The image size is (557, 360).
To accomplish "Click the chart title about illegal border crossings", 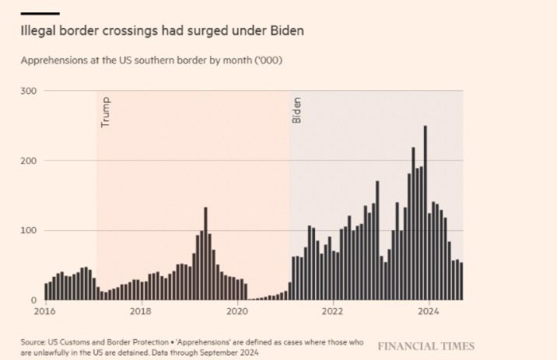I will [162, 32].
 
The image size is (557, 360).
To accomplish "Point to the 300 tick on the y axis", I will [28, 91].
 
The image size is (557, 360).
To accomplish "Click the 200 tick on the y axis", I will [28, 160].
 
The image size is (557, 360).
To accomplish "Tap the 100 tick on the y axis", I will [28, 230].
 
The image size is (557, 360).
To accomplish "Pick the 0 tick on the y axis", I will [33, 299].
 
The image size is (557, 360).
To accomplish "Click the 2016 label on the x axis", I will [45, 312].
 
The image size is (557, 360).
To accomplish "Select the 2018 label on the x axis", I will [141, 312].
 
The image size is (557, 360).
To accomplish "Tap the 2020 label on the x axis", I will [236, 312].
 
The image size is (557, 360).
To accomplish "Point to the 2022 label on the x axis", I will [333, 312].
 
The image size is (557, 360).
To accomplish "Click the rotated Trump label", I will [107, 113].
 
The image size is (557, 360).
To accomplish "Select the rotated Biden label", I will [296, 110].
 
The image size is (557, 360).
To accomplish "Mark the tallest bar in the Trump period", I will [205, 253].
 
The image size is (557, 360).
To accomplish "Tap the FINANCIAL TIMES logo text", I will [426, 346].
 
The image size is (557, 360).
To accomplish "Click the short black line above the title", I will [40, 13].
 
